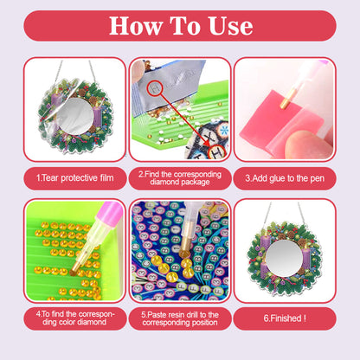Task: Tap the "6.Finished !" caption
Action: pos(285,318)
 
